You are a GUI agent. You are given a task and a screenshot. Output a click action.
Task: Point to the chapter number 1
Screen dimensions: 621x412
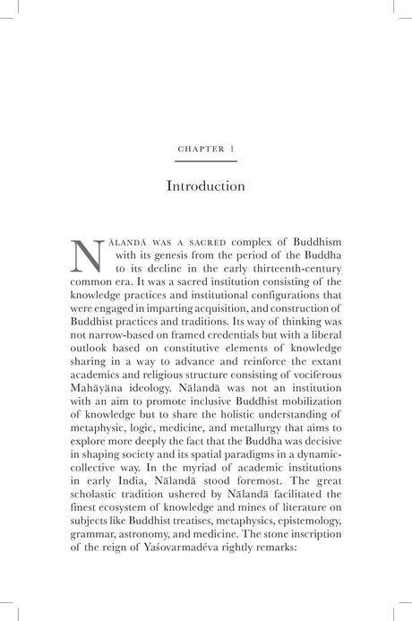coord(231,148)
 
